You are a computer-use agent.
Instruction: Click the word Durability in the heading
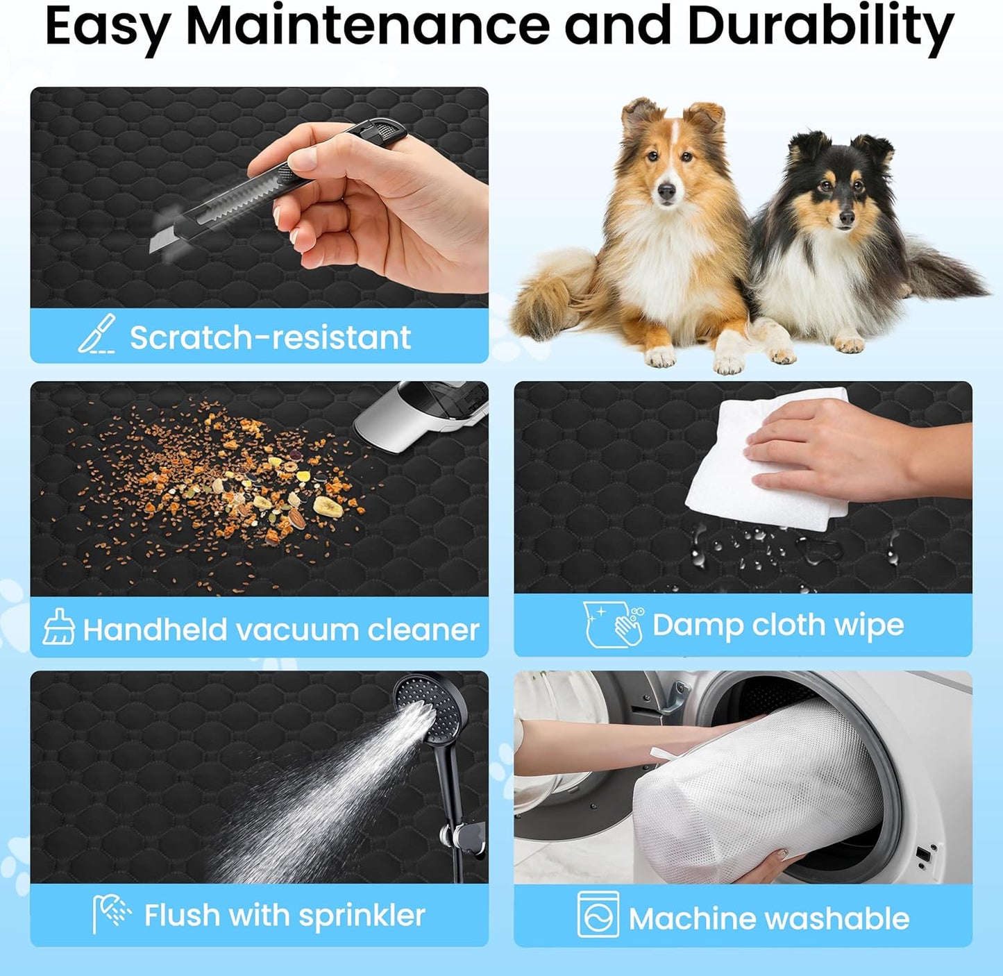[x=820, y=27]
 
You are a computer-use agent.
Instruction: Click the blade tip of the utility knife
[x=151, y=249]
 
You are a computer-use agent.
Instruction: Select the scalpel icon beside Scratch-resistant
[x=97, y=334]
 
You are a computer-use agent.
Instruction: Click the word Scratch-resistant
[x=271, y=337]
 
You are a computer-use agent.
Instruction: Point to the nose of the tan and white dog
[x=666, y=192]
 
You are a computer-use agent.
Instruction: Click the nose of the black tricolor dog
[x=847, y=219]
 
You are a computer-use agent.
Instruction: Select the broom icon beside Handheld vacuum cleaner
[x=59, y=626]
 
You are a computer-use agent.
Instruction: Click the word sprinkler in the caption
[x=362, y=917]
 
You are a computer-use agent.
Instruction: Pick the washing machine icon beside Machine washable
[x=598, y=914]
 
